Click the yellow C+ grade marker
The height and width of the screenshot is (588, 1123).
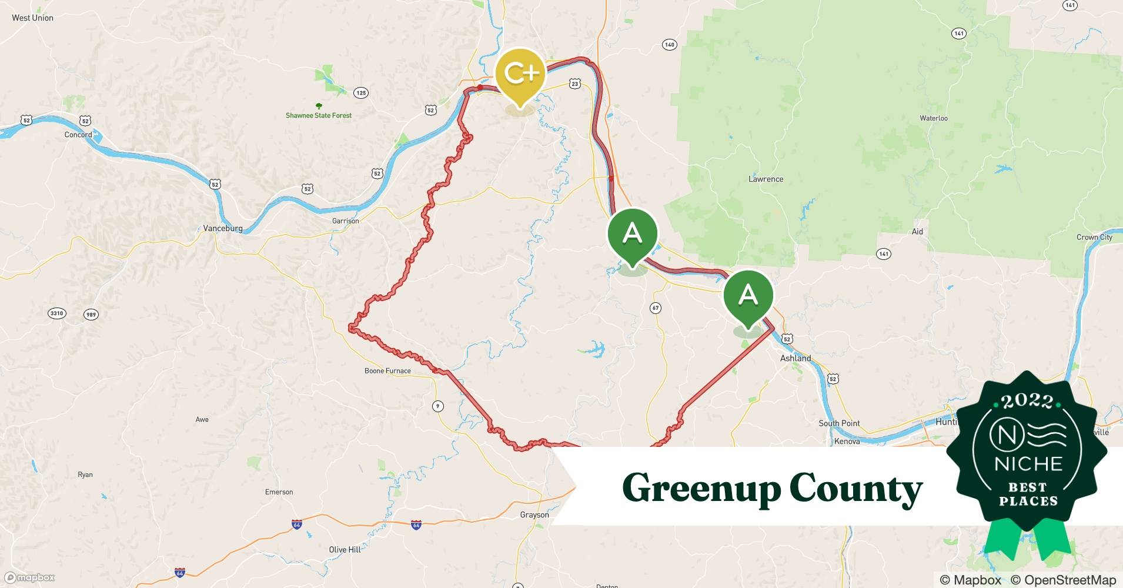(x=520, y=74)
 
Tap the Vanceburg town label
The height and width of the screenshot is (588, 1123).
(x=223, y=228)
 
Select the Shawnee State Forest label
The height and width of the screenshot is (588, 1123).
(x=319, y=115)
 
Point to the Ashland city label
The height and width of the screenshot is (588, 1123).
(x=795, y=358)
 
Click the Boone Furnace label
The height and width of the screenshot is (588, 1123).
(x=387, y=370)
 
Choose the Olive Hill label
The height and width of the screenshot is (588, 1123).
(x=345, y=549)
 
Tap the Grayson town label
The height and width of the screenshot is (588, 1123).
(x=534, y=514)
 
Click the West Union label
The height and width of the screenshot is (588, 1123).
(x=32, y=18)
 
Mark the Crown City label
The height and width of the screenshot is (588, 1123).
(x=1094, y=237)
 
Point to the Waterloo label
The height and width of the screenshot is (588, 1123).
(x=934, y=118)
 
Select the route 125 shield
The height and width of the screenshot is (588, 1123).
(x=361, y=93)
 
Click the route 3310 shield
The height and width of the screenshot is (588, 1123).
(x=56, y=313)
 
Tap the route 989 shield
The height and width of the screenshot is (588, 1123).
(x=91, y=315)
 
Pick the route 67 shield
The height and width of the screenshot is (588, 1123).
(x=656, y=308)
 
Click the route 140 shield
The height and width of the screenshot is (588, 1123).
(x=669, y=45)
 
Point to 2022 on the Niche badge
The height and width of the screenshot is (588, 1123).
(x=1027, y=401)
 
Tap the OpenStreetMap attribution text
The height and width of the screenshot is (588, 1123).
(x=1063, y=580)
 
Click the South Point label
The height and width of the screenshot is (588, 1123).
(x=839, y=423)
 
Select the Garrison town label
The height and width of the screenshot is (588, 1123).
(x=345, y=221)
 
